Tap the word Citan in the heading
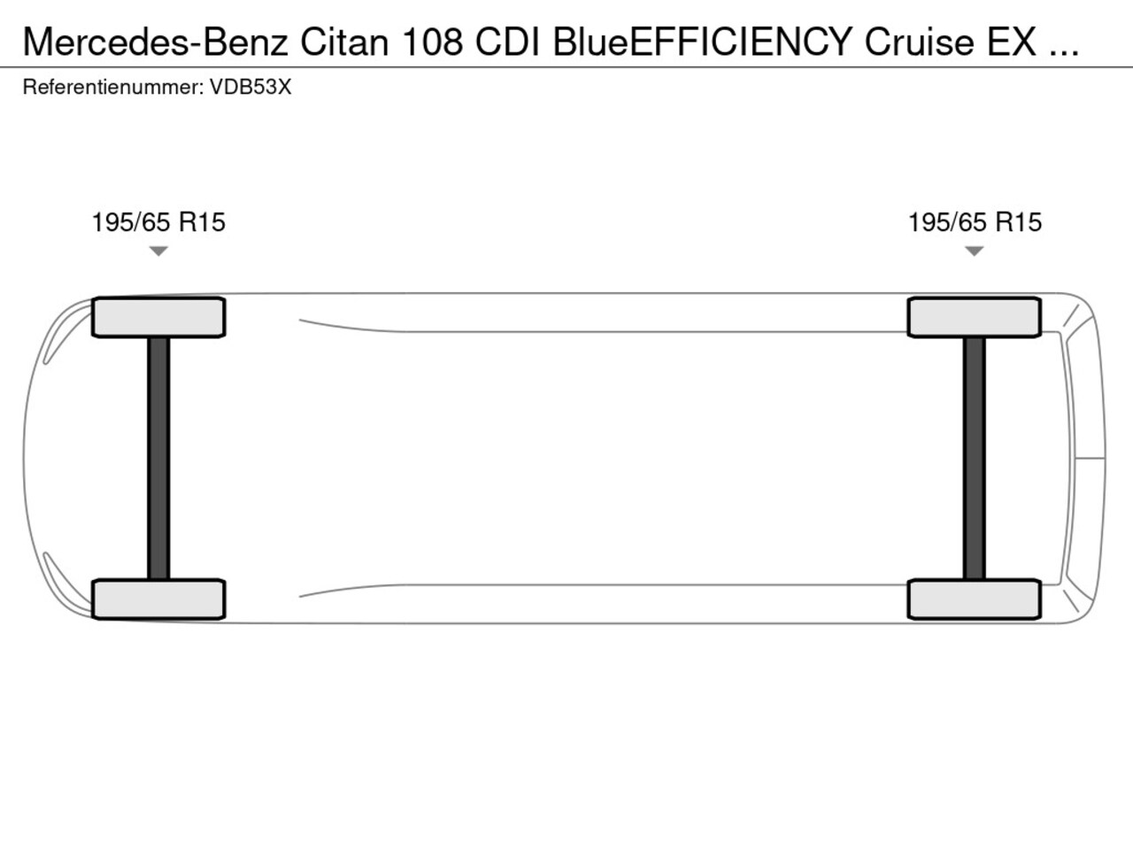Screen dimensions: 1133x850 click(344, 42)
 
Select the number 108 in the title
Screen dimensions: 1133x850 click(433, 42)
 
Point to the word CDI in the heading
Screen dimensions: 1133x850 click(507, 42)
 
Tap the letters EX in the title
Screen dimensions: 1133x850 click(1012, 42)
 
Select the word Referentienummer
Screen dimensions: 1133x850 click(113, 88)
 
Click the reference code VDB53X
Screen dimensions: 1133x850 click(250, 88)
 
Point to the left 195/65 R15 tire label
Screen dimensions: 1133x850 click(158, 222)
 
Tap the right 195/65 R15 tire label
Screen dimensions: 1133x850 click(975, 222)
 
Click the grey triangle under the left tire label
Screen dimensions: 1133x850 click(158, 251)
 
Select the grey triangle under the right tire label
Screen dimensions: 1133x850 click(974, 251)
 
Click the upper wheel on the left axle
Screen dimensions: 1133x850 click(158, 317)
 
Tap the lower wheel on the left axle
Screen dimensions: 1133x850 click(158, 599)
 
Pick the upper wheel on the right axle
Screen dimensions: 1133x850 click(975, 317)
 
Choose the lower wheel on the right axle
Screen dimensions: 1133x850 click(975, 599)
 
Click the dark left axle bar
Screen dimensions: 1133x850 click(158, 459)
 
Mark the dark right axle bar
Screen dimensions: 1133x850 click(974, 459)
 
